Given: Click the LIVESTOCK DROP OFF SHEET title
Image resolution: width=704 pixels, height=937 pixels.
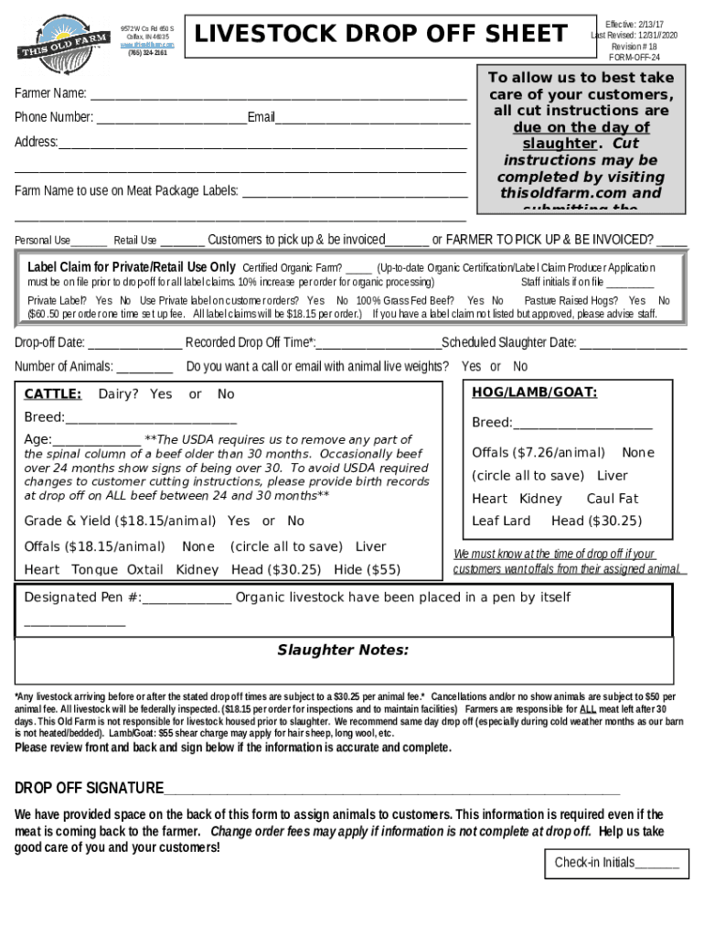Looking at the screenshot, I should tap(380, 35).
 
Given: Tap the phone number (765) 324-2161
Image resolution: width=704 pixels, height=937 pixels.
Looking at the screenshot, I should tap(147, 53).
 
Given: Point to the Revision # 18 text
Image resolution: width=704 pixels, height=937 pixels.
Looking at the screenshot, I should tap(635, 46).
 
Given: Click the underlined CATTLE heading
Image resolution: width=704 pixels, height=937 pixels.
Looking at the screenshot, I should tap(52, 394).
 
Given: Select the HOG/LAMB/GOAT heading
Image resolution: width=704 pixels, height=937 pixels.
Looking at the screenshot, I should tap(535, 393).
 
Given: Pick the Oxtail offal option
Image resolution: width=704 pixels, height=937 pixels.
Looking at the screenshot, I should tap(144, 569).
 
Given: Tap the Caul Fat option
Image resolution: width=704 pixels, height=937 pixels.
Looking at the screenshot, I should tap(613, 499).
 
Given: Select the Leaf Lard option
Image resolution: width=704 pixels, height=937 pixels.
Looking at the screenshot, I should tap(501, 522).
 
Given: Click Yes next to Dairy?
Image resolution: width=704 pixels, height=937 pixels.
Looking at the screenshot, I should tap(161, 394).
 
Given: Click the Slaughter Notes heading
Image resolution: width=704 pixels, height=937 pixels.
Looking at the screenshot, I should tap(343, 651).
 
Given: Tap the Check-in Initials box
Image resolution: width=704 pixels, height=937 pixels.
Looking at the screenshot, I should tap(616, 862).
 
